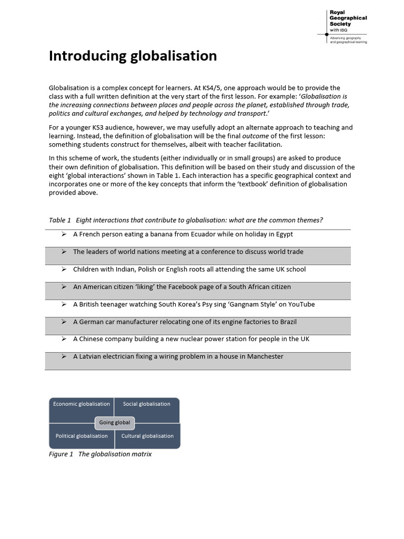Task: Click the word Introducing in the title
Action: (84, 56)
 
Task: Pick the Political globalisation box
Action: (82, 436)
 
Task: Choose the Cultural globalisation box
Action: (147, 436)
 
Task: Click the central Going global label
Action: (115, 423)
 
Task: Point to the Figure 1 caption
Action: (100, 454)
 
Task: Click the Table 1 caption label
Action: (60, 220)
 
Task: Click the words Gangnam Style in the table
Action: (249, 304)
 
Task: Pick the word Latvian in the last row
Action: (90, 356)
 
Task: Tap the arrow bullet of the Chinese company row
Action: (63, 339)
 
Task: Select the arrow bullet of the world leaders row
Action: (63, 252)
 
